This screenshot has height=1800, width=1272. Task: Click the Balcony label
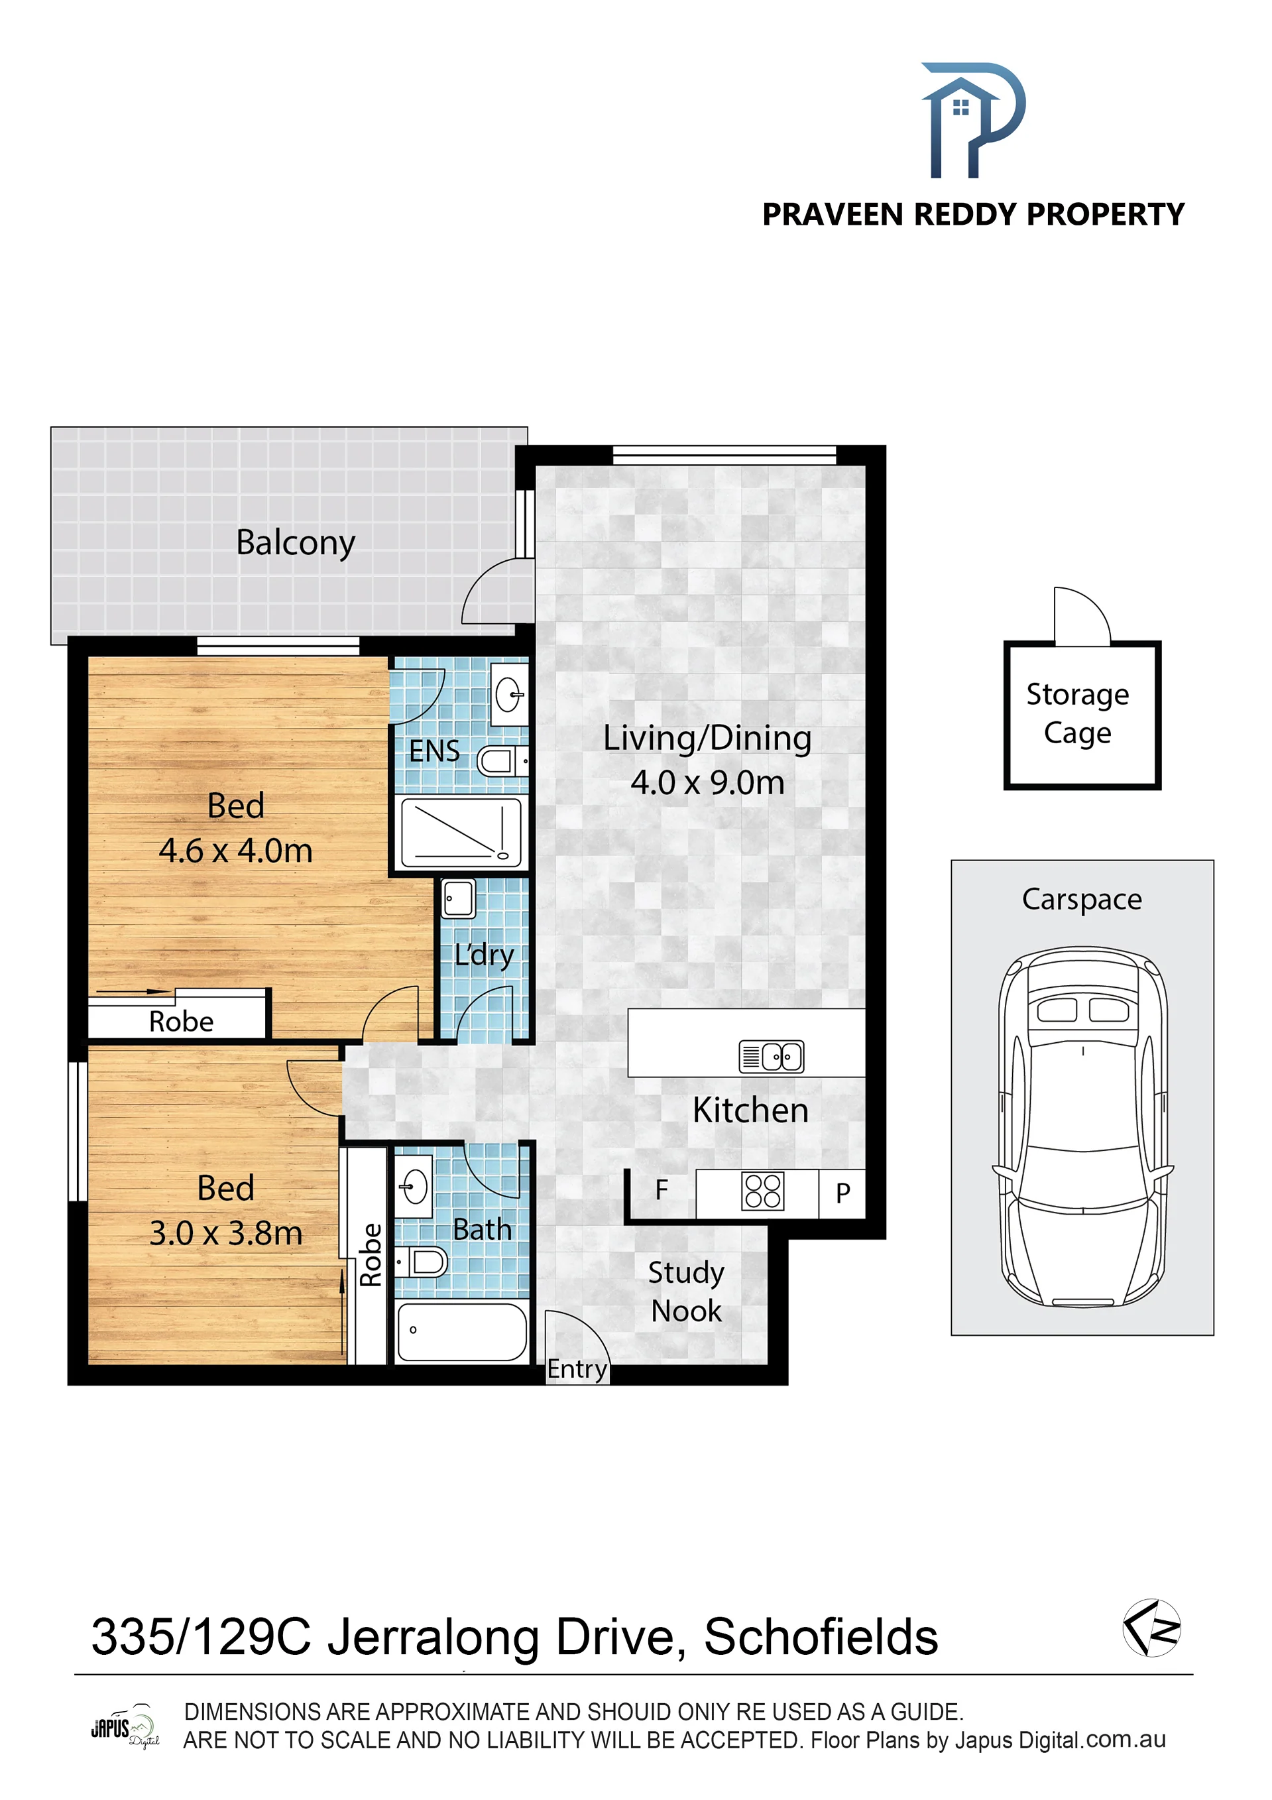pos(296,543)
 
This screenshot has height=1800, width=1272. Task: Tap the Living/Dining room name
pos(707,739)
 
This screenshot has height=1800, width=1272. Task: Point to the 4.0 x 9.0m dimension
pos(707,783)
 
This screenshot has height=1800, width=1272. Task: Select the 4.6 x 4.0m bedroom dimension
pos(236,851)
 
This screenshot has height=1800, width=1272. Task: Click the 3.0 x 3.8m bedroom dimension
pos(226,1233)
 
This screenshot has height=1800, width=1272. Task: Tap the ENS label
pos(434,751)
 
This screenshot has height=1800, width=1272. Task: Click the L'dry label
pos(485,955)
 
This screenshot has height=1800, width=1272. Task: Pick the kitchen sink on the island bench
pos(771,1056)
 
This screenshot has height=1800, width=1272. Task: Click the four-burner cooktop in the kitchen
pos(762,1191)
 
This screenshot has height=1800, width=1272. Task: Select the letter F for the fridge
pos(662,1190)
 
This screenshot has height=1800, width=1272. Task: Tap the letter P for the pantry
pos(842,1193)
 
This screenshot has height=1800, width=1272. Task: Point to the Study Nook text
pos(686,1291)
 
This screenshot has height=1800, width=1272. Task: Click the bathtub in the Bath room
pos(463,1332)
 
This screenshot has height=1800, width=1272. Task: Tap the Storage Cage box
pos(1082,714)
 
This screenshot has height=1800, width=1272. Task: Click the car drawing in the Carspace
pos(1083,1126)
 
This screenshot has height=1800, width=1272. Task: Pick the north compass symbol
pos(1151,1628)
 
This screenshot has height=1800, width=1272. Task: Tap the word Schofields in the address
pos(821,1637)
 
